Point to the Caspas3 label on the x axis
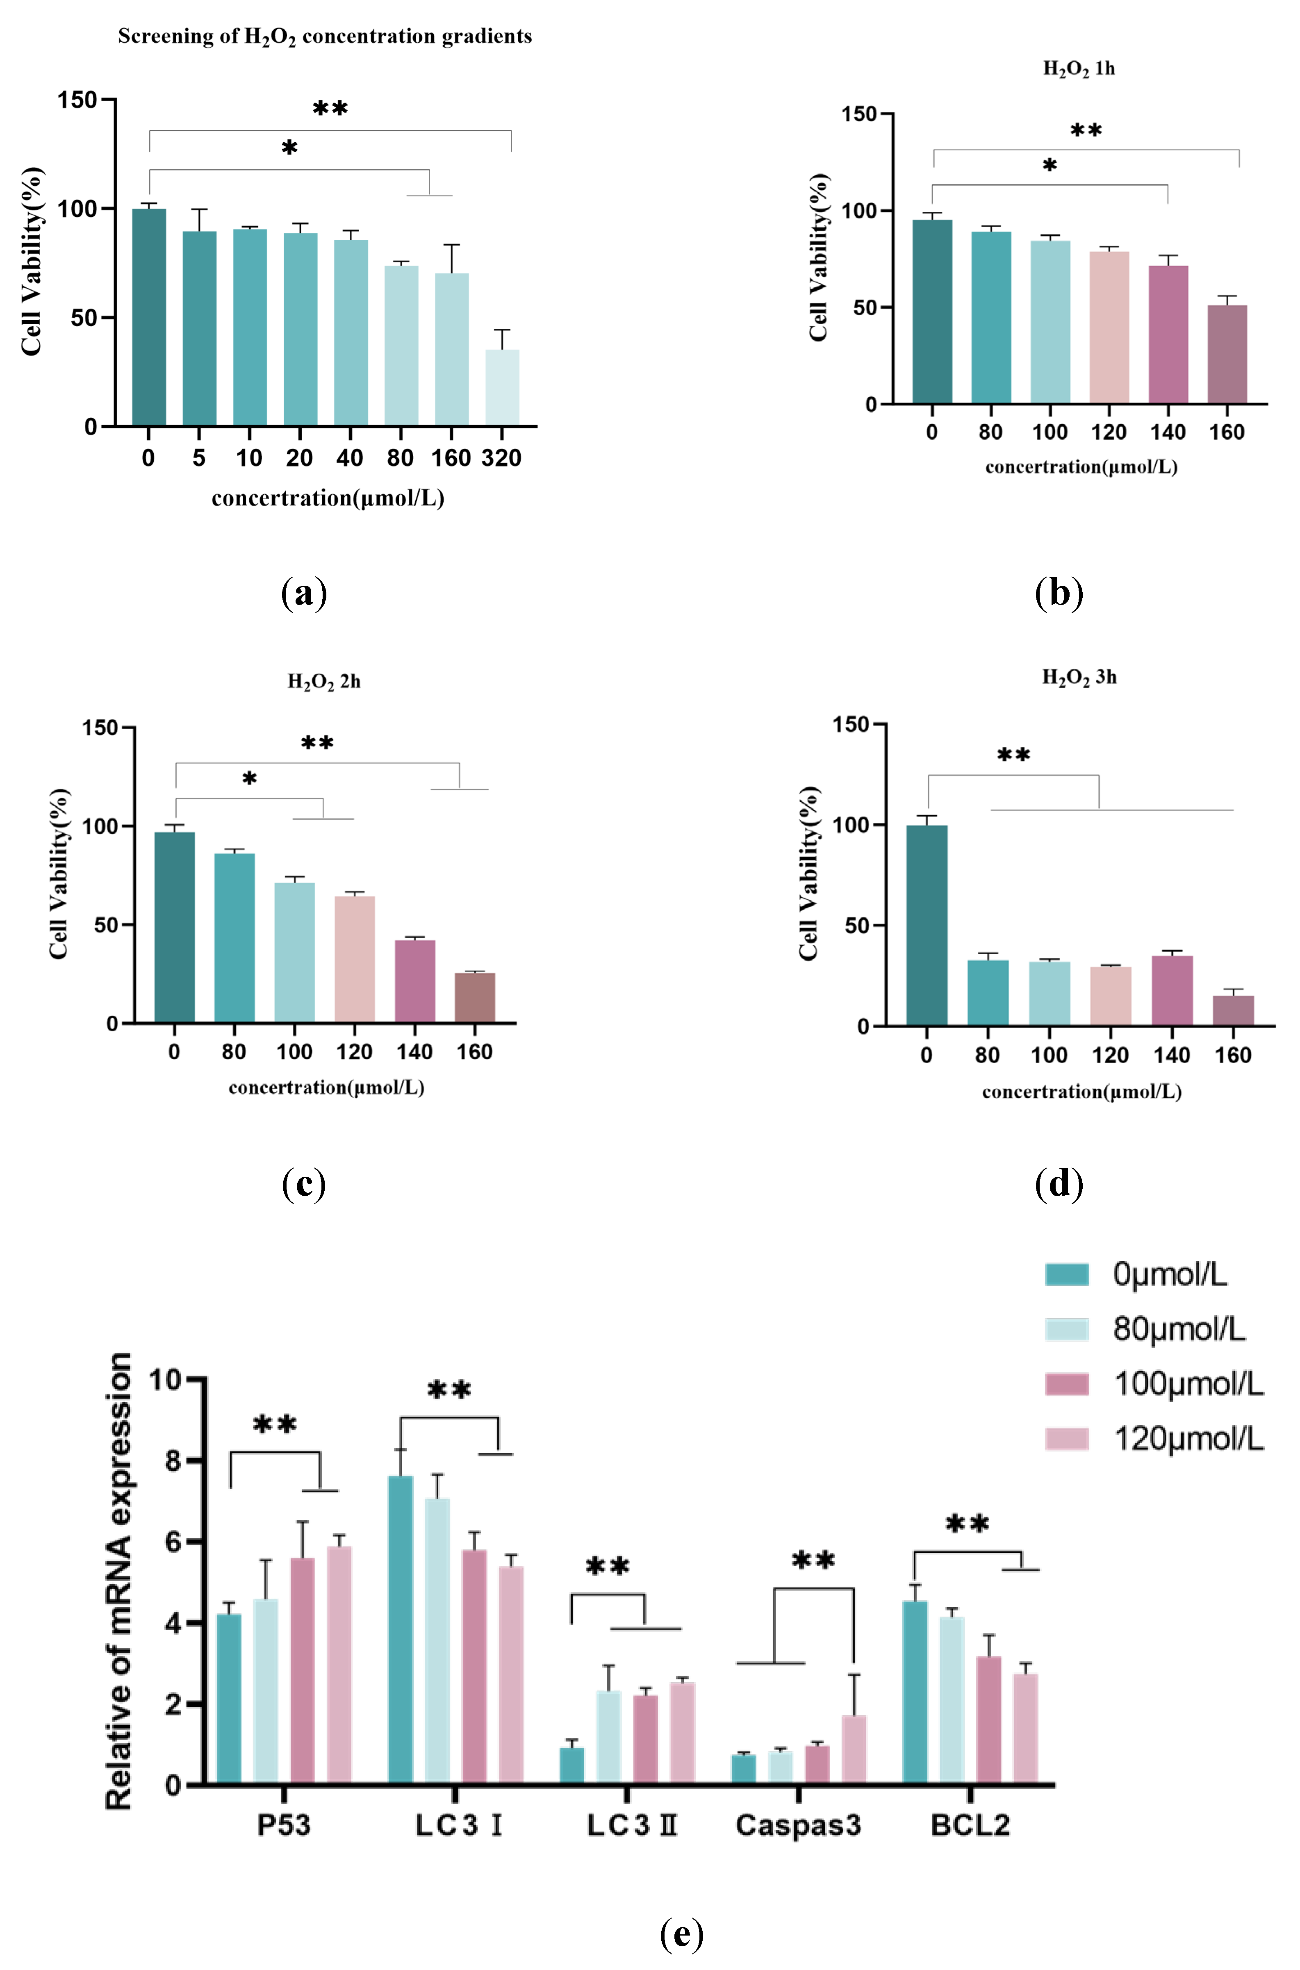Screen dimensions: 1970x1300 [797, 1825]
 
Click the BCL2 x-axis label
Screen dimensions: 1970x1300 [970, 1825]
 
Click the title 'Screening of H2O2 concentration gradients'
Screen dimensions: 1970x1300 [325, 36]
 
